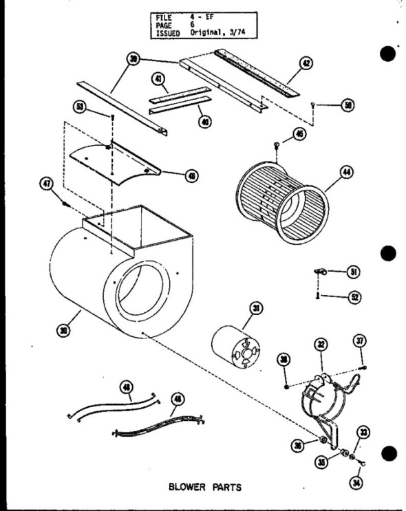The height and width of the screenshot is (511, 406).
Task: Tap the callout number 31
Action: (x=255, y=309)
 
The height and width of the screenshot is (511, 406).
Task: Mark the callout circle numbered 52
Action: (x=356, y=296)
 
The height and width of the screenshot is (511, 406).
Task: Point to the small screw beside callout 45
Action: (x=276, y=145)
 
